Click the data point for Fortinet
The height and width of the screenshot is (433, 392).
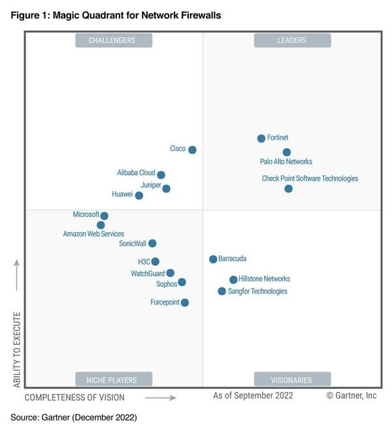[x=261, y=138]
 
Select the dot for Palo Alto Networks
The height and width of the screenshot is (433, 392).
[x=287, y=152]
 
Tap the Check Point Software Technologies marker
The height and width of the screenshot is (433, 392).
[x=288, y=189]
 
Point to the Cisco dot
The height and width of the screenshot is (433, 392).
[x=192, y=150]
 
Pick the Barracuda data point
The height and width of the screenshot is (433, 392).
[x=213, y=259]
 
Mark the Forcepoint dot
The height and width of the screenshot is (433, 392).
[x=185, y=302]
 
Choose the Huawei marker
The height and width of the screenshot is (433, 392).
[x=139, y=195]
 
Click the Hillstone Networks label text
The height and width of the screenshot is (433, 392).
[x=265, y=279]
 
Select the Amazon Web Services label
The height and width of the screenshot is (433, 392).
[x=93, y=234]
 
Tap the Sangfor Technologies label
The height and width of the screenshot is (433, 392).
[x=257, y=291]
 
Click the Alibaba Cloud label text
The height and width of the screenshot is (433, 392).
[x=136, y=173]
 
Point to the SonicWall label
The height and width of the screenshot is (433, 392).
[x=133, y=244]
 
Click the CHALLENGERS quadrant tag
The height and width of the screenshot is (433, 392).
[x=114, y=40]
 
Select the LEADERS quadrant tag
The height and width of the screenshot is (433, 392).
[x=292, y=40]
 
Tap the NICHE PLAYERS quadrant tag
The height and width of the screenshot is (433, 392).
[x=114, y=379]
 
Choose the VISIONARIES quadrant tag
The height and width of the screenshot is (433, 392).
[x=292, y=379]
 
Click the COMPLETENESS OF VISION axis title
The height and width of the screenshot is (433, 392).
[x=74, y=397]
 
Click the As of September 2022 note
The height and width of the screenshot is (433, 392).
[x=253, y=396]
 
